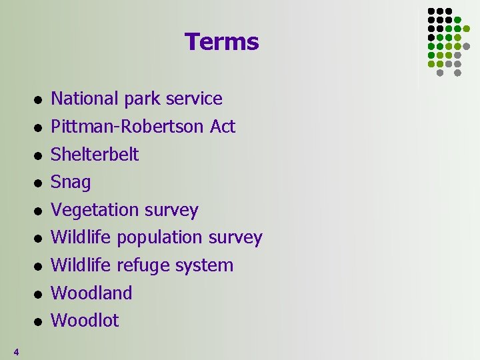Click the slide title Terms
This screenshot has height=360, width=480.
[x=221, y=42]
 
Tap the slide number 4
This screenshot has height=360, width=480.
[x=16, y=351]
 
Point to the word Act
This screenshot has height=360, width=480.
[x=223, y=127]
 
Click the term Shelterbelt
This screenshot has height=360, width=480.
[x=95, y=154]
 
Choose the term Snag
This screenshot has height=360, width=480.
[x=71, y=183]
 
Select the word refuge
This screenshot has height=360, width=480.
[x=144, y=266]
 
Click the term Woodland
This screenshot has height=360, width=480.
[x=91, y=293]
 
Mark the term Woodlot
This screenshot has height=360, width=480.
[x=85, y=321]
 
